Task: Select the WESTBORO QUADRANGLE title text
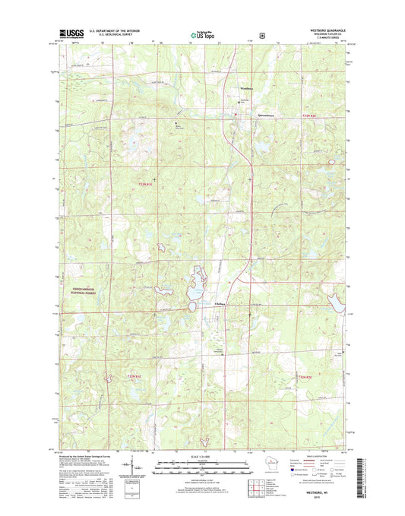coord(327,30)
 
